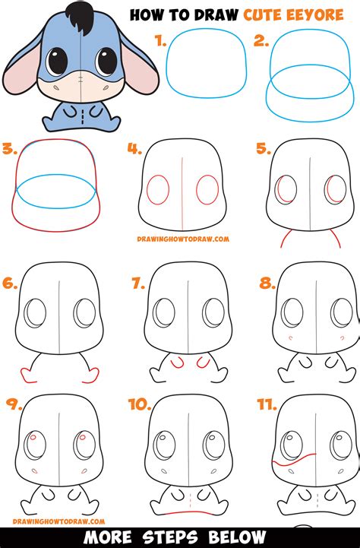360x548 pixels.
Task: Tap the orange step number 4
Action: coord(134,149)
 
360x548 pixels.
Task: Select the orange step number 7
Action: coord(137,284)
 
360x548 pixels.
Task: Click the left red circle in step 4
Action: coord(157,190)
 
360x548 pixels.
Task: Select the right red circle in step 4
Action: coord(207,189)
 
